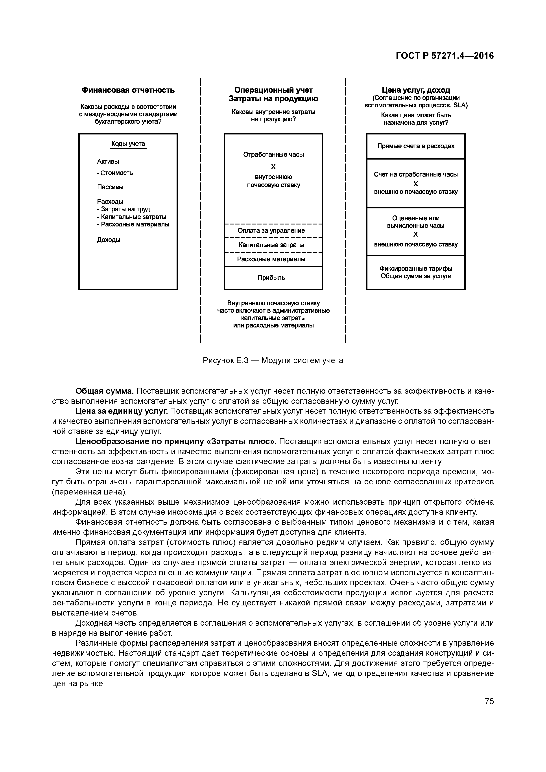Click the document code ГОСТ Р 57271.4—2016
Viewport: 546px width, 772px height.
pos(445,56)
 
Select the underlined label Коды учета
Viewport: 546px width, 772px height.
pos(128,144)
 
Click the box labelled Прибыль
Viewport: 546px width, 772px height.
pos(273,278)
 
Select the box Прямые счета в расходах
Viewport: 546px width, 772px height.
pos(416,146)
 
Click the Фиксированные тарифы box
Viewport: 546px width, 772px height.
pos(416,272)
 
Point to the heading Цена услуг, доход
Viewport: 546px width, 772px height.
pos(416,90)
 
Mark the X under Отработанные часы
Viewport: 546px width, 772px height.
pos(273,167)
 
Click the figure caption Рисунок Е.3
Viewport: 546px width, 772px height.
pos(273,361)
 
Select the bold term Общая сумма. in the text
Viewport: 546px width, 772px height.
pos(105,391)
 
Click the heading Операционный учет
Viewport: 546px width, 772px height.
pos(273,90)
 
